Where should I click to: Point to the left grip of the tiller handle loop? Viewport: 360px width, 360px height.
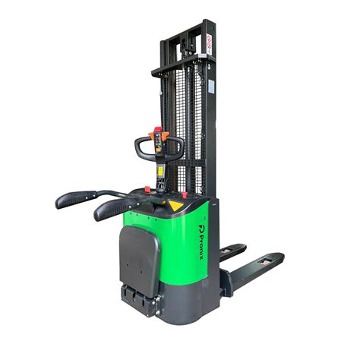tap(140, 149)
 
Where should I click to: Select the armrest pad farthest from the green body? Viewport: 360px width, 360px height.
tap(75, 199)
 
